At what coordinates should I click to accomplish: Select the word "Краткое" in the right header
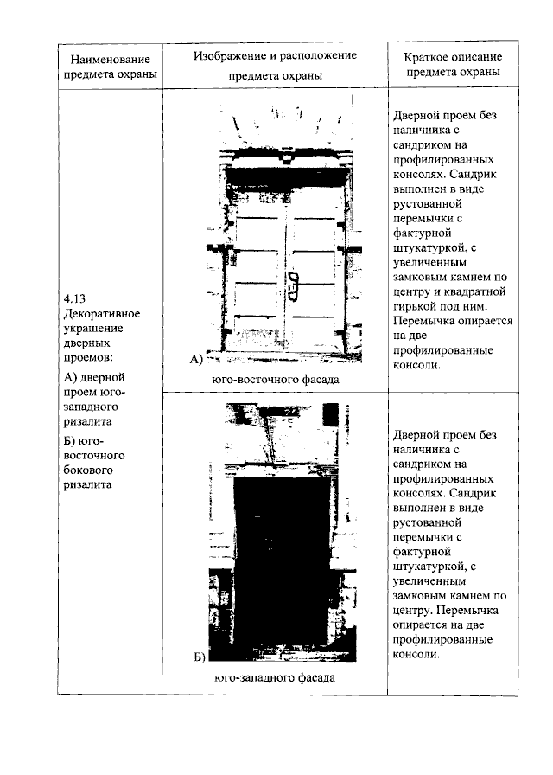(427, 56)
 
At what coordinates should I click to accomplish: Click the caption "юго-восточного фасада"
(275, 379)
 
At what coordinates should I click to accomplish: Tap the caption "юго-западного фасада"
(275, 677)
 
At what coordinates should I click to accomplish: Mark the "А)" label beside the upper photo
(195, 358)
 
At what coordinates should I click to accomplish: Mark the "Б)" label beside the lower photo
(199, 657)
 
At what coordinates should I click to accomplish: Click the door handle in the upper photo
(293, 281)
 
